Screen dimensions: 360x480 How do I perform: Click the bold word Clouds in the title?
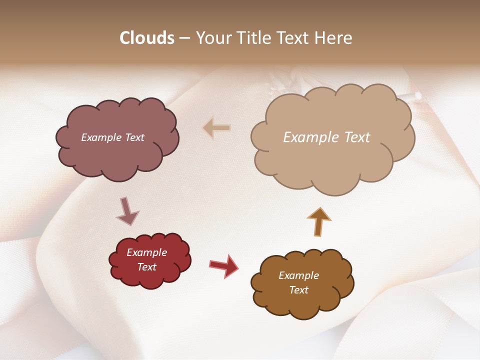click(x=147, y=38)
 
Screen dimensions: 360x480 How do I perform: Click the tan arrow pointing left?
click(x=216, y=128)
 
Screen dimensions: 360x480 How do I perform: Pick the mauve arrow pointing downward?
click(x=127, y=211)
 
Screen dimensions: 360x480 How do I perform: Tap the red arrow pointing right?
click(x=224, y=266)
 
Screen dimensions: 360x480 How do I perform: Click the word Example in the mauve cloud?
click(x=101, y=137)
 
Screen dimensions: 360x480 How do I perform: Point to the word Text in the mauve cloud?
click(x=134, y=137)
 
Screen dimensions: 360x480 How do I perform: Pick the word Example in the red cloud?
click(x=147, y=252)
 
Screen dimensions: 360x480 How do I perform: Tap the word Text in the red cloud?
click(x=147, y=267)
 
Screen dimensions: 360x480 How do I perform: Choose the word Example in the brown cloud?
click(x=298, y=275)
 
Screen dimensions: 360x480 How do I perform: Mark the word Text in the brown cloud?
click(x=298, y=290)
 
